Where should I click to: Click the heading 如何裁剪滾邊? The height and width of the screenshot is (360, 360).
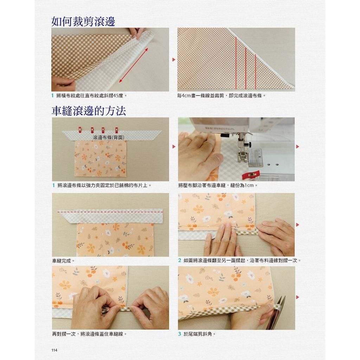[83, 21]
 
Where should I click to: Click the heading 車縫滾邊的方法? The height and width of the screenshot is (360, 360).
[89, 111]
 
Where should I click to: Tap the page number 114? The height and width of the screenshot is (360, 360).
[54, 350]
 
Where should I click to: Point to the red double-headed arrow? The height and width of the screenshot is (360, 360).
[133, 65]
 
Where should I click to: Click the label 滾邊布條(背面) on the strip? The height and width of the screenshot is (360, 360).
[109, 137]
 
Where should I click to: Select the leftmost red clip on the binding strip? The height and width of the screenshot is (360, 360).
[80, 130]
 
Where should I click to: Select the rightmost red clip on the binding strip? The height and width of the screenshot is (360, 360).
[116, 130]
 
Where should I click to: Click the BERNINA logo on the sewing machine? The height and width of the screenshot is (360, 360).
[219, 128]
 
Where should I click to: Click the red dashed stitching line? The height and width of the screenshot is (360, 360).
[110, 212]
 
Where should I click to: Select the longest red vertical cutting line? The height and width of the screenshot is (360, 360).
[236, 63]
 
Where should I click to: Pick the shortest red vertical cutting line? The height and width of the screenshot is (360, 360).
[256, 71]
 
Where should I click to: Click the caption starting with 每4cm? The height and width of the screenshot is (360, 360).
[221, 96]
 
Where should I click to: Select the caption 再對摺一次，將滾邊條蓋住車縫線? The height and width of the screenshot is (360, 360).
[90, 334]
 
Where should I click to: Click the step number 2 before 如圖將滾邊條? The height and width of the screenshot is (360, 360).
[180, 261]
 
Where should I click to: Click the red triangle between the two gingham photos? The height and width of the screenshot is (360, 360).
[174, 60]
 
